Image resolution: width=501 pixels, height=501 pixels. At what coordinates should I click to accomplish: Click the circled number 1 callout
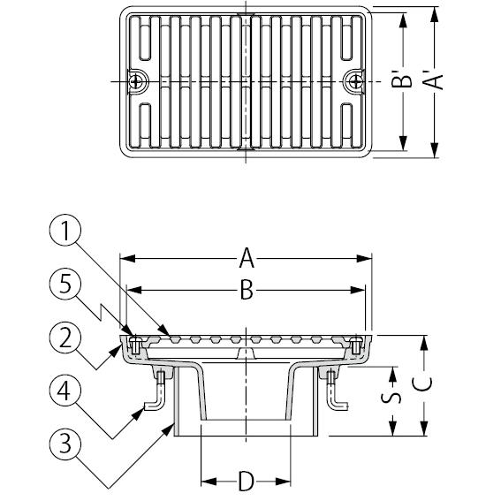pyautogui.click(x=65, y=230)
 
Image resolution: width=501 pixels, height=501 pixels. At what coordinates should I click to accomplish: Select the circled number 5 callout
pyautogui.click(x=65, y=284)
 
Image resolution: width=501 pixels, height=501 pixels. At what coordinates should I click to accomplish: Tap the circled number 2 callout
pyautogui.click(x=65, y=338)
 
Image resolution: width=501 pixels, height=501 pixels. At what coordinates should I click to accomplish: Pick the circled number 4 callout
pyautogui.click(x=65, y=391)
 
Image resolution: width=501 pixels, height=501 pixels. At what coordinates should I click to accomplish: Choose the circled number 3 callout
pyautogui.click(x=65, y=444)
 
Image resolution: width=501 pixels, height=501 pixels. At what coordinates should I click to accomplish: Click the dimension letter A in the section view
pyautogui.click(x=247, y=258)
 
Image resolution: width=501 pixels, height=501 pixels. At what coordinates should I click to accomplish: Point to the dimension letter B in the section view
pyautogui.click(x=247, y=290)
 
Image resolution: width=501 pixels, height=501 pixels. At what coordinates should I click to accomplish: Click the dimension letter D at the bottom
pyautogui.click(x=247, y=482)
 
